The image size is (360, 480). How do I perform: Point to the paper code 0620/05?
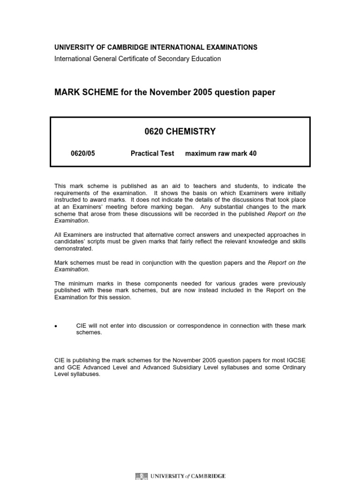82,153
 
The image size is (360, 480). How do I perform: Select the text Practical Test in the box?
152,153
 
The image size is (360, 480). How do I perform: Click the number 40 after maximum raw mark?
253,153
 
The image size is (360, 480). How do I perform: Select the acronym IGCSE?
295,360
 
